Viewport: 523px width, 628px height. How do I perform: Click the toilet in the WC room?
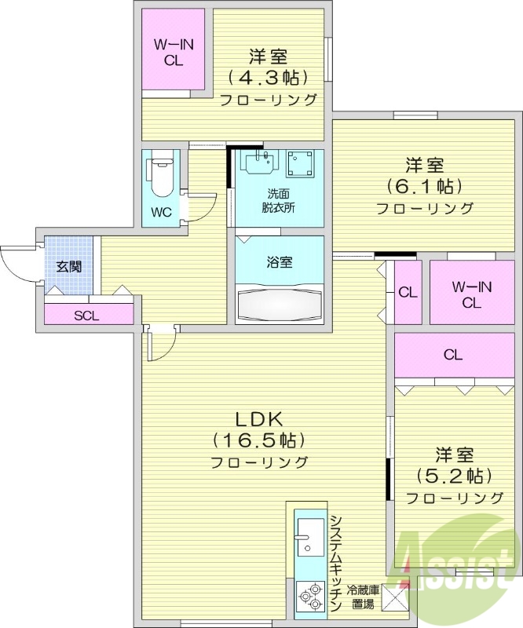point(161,177)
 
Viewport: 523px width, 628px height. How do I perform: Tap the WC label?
point(161,213)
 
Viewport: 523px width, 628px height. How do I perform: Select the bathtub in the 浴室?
point(279,301)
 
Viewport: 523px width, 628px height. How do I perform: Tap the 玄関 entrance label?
point(68,266)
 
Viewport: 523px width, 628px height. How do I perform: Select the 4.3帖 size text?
point(268,78)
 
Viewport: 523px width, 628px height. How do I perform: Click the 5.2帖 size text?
point(454,476)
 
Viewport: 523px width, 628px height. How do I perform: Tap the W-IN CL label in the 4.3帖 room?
point(174,53)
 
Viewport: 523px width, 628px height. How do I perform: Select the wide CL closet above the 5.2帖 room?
point(452,355)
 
